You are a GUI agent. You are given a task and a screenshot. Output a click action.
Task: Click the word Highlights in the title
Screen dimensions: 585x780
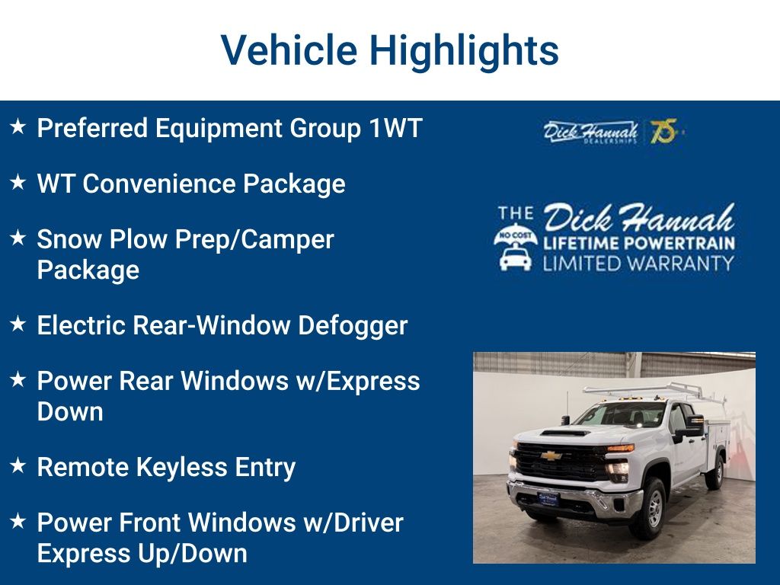coord(465,50)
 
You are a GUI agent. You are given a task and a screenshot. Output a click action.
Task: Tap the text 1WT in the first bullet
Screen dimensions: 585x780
coord(395,128)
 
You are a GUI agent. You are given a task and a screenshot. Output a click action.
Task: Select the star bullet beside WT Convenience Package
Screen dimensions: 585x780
coord(18,183)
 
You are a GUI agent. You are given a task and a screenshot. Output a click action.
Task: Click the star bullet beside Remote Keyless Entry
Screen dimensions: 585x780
coord(18,466)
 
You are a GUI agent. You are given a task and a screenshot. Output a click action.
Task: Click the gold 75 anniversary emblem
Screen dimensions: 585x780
coord(663,132)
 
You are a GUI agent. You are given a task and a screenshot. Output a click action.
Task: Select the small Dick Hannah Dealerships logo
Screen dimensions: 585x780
coord(590,132)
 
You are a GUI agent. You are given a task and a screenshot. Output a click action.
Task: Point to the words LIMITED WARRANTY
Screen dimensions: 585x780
coord(638,264)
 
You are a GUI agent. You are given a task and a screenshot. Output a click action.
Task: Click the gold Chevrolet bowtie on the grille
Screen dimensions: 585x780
coord(551,456)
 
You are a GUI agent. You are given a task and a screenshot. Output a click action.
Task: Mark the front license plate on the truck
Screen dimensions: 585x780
coord(548,498)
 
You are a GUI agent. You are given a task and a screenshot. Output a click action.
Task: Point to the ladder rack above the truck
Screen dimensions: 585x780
coord(647,390)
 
